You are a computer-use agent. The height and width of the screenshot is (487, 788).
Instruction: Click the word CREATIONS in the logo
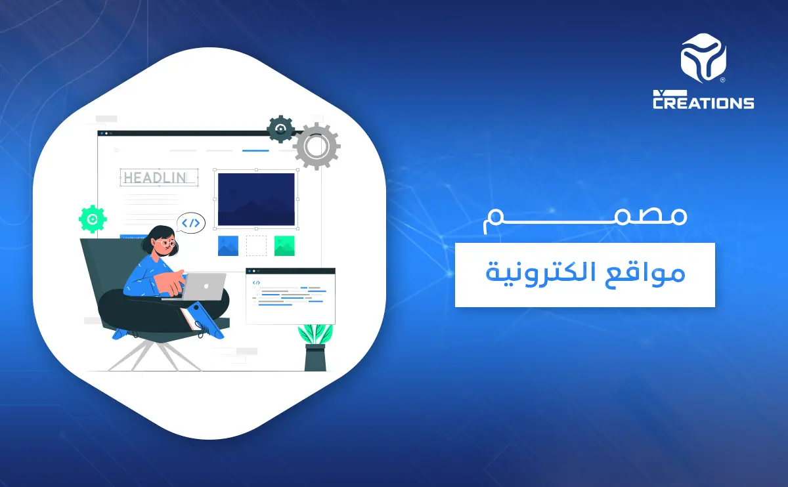[x=703, y=102]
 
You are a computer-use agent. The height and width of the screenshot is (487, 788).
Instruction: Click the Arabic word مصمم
[x=584, y=219]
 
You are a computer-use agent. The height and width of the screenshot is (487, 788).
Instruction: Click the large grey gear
[x=317, y=146]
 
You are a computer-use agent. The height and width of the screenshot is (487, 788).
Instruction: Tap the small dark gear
[x=280, y=129]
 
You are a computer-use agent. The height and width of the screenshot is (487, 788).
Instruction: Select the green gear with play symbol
[x=93, y=219]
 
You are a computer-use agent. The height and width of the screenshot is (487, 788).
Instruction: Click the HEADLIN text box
[x=160, y=177]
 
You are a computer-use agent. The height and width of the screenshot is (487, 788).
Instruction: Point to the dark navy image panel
[x=256, y=199]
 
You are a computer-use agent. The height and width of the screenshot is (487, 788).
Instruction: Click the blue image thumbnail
[x=228, y=245]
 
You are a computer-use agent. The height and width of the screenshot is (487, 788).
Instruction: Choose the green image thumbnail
[x=284, y=245]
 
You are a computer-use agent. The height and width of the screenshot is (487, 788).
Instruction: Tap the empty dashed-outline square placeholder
[x=256, y=245]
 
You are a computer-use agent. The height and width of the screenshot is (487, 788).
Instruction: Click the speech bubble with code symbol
[x=191, y=223]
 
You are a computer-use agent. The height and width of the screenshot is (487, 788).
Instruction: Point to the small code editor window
[x=290, y=296]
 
